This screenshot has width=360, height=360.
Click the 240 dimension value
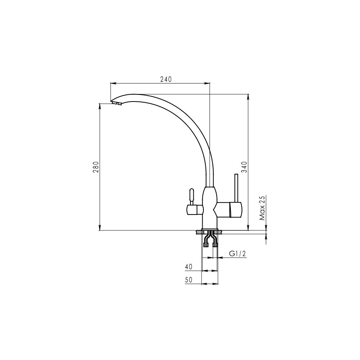coord(166,79)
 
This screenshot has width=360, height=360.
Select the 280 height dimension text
coord(96,167)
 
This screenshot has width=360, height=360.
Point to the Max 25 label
coord(262,208)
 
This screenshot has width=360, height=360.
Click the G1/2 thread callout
coord(237,253)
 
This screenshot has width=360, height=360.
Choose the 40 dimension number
coord(189,267)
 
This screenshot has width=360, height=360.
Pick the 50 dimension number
coord(189,280)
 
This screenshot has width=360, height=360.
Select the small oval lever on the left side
coord(192,197)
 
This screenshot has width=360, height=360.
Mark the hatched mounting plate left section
coord(199,233)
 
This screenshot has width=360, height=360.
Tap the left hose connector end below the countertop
coord(206,245)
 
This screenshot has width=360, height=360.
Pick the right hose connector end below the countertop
coord(215,245)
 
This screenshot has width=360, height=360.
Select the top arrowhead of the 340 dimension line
coord(248,96)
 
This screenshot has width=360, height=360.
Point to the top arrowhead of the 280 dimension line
coord(100,106)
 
